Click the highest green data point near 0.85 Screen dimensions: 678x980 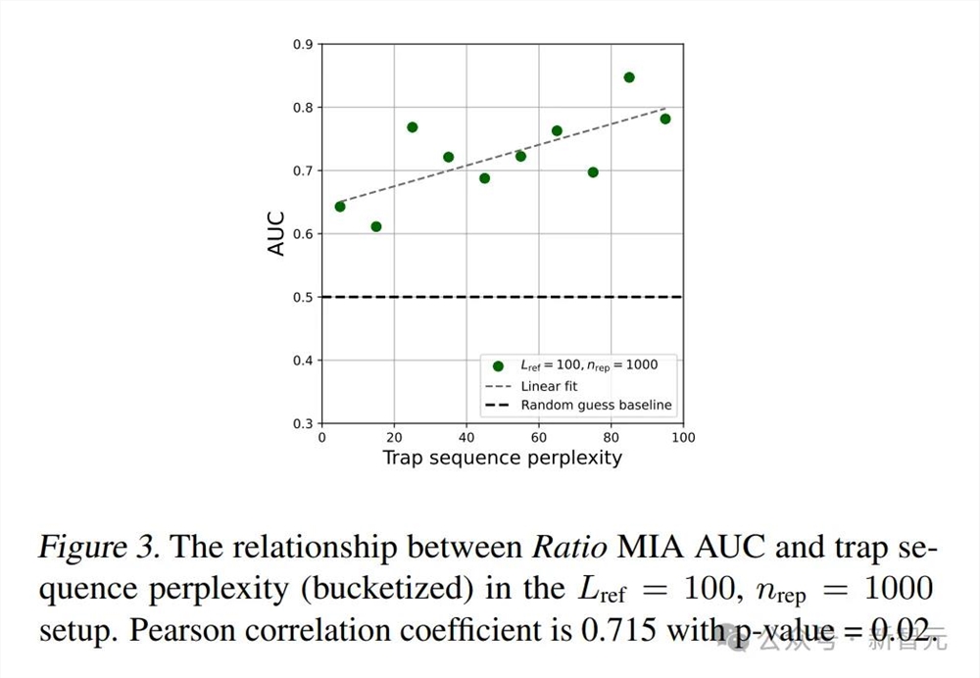pos(629,77)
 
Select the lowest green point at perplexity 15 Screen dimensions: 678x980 pos(376,226)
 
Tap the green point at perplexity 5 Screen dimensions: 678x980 pos(340,206)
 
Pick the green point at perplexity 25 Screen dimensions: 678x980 pos(413,127)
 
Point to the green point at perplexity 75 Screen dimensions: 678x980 pos(593,172)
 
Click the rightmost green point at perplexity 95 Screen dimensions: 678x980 pos(665,119)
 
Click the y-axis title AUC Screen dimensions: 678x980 pos(276,233)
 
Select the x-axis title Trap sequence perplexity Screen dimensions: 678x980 pos(502,458)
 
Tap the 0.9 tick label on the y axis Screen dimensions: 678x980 pos(303,44)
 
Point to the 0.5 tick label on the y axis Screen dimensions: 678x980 pos(303,297)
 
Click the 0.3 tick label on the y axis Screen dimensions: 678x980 pos(303,423)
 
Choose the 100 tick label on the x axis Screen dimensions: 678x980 pos(683,437)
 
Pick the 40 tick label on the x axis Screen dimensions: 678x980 pos(466,437)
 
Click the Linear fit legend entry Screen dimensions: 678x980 pos(549,386)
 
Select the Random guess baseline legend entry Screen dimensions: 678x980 pos(596,405)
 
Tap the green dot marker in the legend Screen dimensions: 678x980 pos(498,366)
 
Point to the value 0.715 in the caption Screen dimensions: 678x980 pos(622,630)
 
